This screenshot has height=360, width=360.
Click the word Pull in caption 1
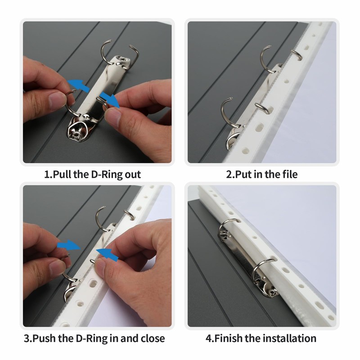click(x=63, y=174)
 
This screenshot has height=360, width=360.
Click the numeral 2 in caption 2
click(x=228, y=174)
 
